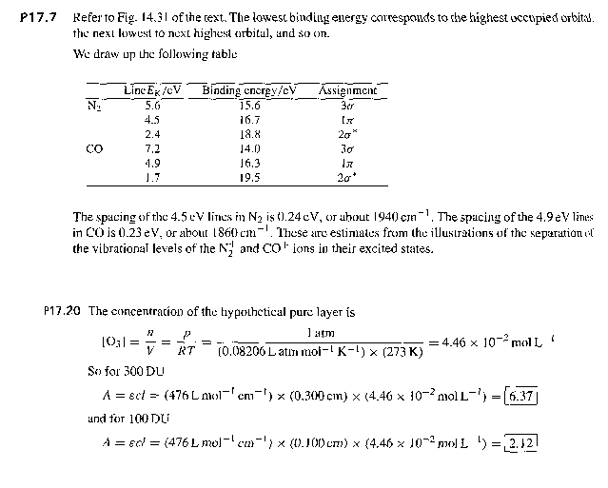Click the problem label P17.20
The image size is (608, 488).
65,310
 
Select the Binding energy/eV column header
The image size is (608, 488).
249,91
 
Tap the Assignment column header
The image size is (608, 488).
347,91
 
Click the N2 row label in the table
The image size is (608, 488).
92,105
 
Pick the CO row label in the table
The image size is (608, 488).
93,148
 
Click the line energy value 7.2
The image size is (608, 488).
152,148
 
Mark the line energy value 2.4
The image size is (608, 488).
152,134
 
